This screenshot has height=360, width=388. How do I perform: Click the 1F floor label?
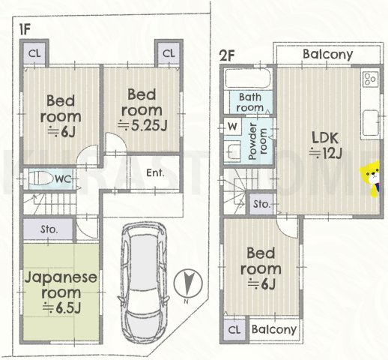[25, 30]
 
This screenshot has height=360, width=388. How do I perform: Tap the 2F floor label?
[227, 55]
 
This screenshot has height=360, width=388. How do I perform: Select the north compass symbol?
[188, 283]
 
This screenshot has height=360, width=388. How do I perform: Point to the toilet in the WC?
[41, 178]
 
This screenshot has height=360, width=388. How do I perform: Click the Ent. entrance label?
[155, 172]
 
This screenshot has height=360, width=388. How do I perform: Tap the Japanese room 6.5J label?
[61, 292]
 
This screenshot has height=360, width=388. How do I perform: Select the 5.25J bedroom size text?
[142, 125]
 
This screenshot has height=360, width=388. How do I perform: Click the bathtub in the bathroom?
[248, 78]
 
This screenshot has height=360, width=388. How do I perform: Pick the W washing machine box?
[232, 127]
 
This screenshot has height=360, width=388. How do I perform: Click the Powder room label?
[258, 142]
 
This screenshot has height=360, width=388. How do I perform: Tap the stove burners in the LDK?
[370, 79]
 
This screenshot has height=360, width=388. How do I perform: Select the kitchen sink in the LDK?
[371, 122]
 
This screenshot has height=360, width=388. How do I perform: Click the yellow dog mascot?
[370, 178]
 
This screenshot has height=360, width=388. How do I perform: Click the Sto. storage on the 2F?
[261, 204]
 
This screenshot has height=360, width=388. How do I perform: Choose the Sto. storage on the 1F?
[49, 229]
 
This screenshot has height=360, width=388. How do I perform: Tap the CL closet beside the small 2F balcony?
[234, 330]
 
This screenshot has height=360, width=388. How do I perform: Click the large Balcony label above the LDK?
[328, 54]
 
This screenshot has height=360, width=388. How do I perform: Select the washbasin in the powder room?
[232, 150]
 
